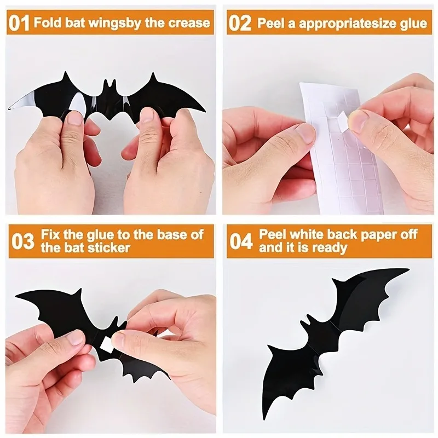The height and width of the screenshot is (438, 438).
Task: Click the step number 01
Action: [19, 23]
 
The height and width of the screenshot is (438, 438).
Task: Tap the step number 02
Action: [240, 23]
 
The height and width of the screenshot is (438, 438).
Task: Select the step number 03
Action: [23, 241]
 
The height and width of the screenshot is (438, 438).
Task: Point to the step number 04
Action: [241, 241]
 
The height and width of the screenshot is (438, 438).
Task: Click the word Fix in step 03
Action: [50, 235]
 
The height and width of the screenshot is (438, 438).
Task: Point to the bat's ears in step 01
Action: [109, 84]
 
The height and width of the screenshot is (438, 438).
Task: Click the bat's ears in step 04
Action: [309, 322]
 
